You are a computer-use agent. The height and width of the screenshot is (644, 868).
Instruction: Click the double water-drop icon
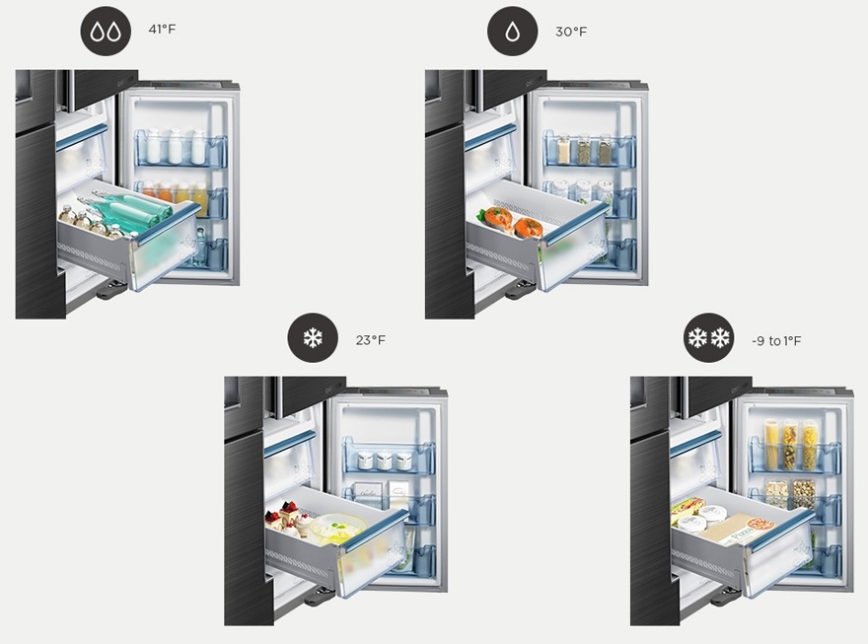[106, 31]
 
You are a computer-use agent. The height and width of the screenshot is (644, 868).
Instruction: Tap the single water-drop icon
[513, 31]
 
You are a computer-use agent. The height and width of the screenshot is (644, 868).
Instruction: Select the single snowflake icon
[313, 338]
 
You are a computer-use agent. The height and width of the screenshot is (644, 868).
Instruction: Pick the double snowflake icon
[708, 338]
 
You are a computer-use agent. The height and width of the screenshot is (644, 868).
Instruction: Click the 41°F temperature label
[162, 29]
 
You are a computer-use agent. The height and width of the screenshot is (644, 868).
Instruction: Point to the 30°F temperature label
[571, 32]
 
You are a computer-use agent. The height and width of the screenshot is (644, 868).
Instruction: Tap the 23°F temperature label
[370, 340]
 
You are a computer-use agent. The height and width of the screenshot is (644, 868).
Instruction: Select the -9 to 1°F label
[776, 341]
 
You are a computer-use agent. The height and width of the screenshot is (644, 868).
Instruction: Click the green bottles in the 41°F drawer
[130, 208]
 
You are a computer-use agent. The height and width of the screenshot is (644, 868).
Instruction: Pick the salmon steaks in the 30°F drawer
[509, 221]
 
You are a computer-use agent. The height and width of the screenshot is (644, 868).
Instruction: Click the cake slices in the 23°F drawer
[285, 519]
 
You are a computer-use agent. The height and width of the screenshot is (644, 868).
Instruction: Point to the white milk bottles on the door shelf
[175, 146]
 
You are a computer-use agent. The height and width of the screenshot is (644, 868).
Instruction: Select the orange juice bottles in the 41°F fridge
[176, 194]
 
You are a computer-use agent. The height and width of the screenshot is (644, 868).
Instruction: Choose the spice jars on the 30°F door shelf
[584, 148]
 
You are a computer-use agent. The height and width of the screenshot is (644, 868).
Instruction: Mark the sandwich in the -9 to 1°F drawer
[687, 510]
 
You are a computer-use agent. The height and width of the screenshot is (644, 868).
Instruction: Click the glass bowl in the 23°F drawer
[337, 527]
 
